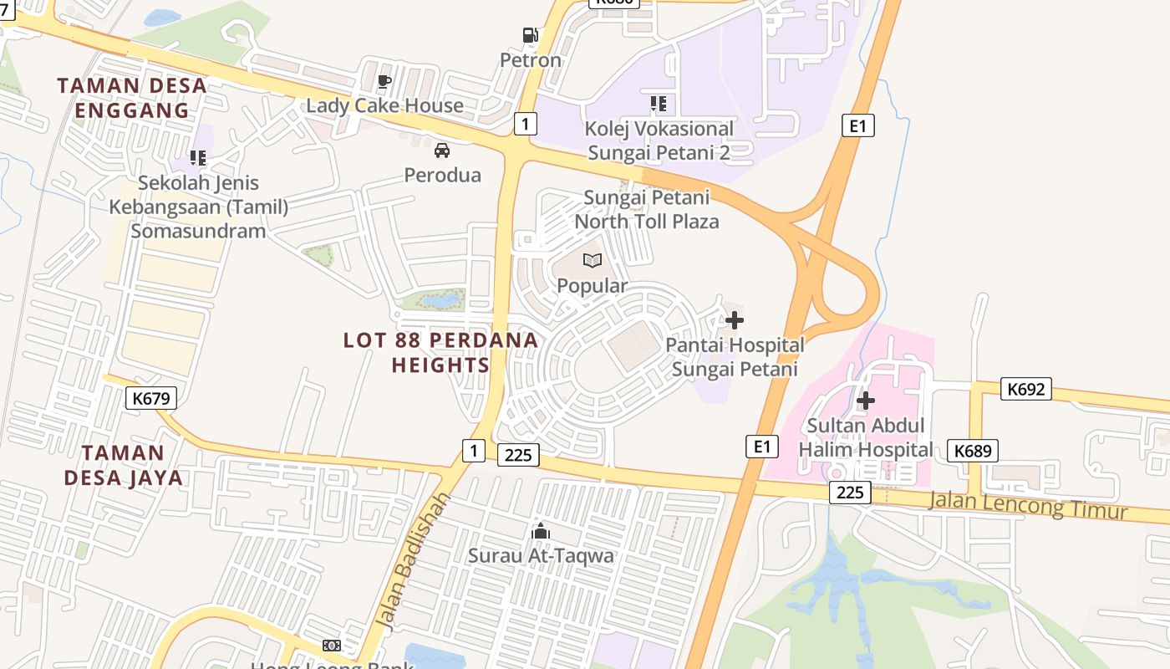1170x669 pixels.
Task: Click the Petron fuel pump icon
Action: coord(530,35)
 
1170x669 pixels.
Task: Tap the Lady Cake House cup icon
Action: coord(384,81)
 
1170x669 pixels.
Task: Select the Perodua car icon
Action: coord(442,151)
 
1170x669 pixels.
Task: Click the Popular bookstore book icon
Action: coord(593,261)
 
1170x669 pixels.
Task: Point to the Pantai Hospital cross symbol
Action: coord(735,320)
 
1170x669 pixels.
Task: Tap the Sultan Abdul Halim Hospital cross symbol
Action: coord(866,401)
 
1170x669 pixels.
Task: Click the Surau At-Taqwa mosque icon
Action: coord(541,531)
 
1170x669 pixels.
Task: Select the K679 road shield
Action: coord(151,398)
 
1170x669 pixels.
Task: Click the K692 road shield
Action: coord(1026,389)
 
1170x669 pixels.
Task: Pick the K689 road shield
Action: coord(974,452)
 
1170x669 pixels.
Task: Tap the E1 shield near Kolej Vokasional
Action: coord(857,126)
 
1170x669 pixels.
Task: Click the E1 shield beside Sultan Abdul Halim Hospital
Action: coord(761,447)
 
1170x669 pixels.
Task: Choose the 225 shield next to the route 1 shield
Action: coord(518,455)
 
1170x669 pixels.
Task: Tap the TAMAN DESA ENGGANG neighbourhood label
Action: coord(132,98)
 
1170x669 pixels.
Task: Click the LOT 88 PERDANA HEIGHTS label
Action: coord(441,352)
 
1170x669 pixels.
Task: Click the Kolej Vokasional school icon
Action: coord(659,104)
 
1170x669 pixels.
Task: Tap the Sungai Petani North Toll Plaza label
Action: coord(646,209)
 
